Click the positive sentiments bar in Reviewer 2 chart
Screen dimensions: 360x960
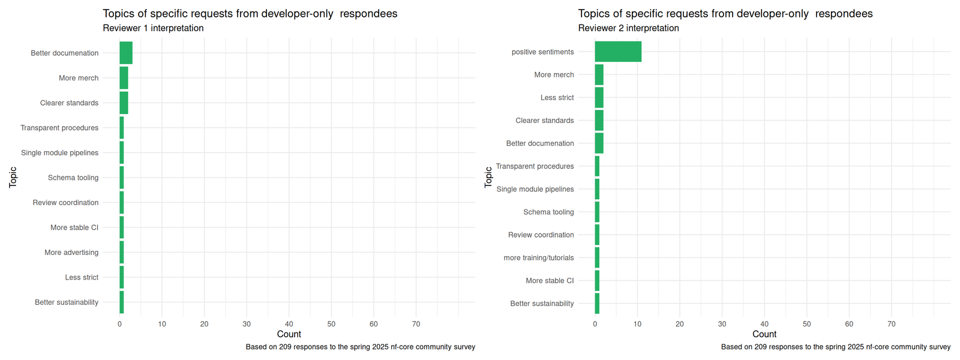click(618, 52)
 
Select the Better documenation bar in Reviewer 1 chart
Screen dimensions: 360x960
click(126, 53)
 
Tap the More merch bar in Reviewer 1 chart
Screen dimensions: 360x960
click(124, 78)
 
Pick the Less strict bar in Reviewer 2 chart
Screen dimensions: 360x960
click(599, 97)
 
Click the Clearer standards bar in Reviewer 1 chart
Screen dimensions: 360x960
click(124, 103)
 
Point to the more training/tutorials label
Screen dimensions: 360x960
click(538, 258)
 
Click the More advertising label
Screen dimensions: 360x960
click(71, 253)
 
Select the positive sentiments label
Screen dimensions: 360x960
click(542, 52)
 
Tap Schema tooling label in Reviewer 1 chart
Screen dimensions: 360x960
click(73, 178)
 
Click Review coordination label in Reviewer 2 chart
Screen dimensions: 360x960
click(541, 235)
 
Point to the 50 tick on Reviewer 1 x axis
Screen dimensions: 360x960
click(331, 324)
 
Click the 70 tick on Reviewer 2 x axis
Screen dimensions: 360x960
click(891, 324)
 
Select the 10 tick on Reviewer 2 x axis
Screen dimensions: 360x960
click(637, 324)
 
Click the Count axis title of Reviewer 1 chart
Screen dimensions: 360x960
click(289, 334)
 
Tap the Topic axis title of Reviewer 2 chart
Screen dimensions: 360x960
click(488, 177)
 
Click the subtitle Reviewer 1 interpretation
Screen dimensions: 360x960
click(153, 28)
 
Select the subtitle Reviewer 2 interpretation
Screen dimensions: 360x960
click(628, 28)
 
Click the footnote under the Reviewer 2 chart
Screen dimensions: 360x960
click(835, 347)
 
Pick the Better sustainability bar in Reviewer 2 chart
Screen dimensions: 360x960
click(597, 304)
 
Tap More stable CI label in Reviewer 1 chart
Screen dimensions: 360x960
click(74, 227)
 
